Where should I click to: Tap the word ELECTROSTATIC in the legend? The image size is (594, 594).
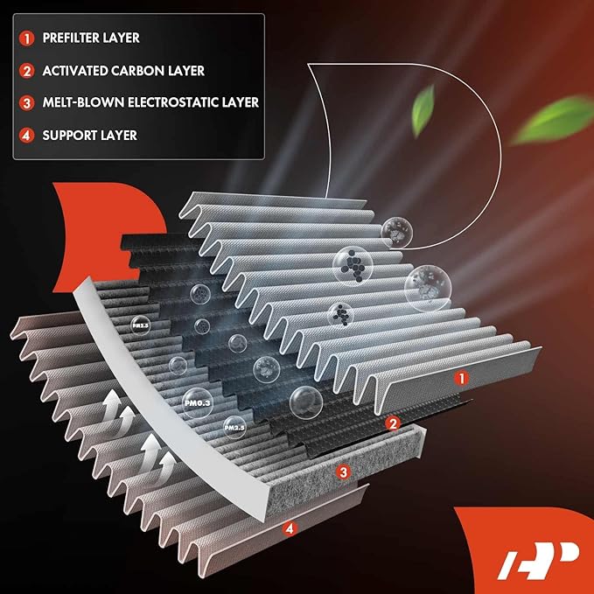(174, 102)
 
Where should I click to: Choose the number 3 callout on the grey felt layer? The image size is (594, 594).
(344, 472)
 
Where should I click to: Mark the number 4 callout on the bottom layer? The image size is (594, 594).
(290, 528)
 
